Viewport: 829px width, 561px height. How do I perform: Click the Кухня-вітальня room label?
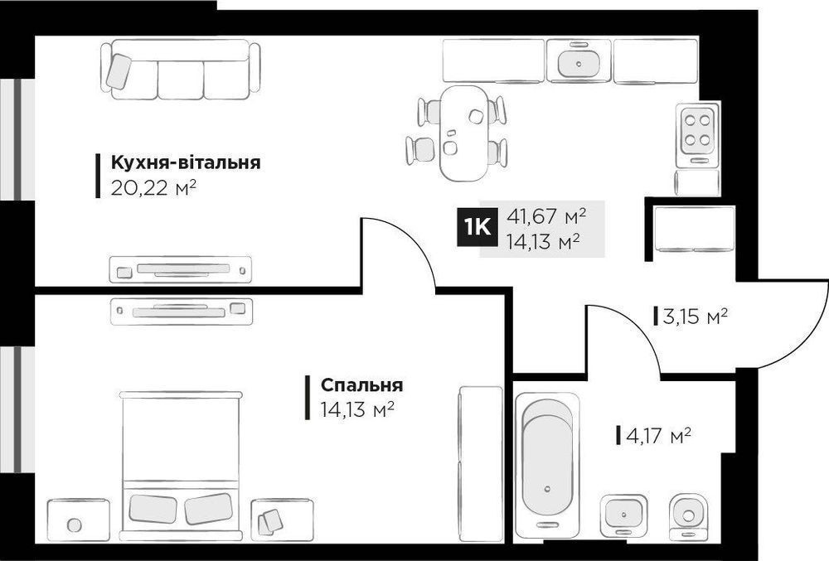(186, 162)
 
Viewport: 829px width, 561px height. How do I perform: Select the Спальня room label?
(361, 385)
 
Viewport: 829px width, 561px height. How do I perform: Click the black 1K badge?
(477, 228)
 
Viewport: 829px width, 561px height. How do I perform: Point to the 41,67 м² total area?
(546, 215)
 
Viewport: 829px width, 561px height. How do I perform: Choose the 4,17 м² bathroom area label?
(658, 436)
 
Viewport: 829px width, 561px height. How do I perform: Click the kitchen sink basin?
(579, 63)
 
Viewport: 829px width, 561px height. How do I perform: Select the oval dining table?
(464, 133)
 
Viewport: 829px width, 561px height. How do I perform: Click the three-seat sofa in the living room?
(180, 70)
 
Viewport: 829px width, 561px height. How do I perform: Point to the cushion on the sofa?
(119, 71)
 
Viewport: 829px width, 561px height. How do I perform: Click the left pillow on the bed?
(153, 508)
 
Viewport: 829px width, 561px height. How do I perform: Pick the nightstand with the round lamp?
(79, 520)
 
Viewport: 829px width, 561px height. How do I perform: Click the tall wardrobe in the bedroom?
(481, 464)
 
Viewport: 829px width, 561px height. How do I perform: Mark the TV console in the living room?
(180, 269)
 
